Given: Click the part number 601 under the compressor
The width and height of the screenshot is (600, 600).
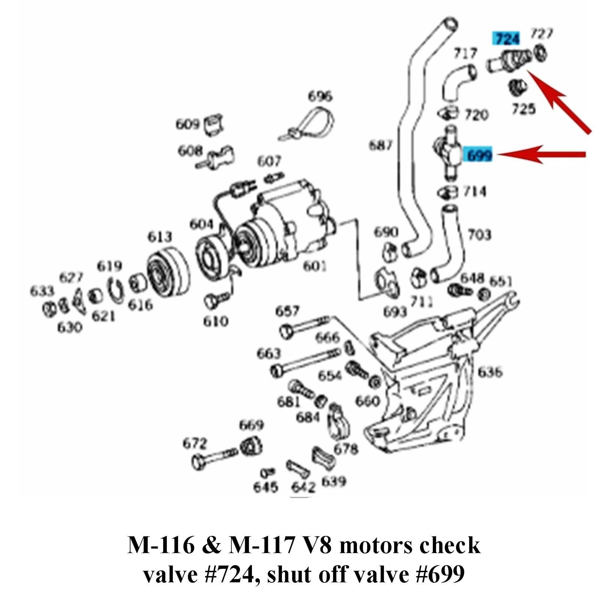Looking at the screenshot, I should [314, 266].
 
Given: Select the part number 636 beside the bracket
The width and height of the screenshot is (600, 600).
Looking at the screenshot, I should [489, 372].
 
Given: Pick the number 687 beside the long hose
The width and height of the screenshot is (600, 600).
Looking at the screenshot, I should [380, 145].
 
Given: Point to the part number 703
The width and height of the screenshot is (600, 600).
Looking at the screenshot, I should [479, 235].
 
